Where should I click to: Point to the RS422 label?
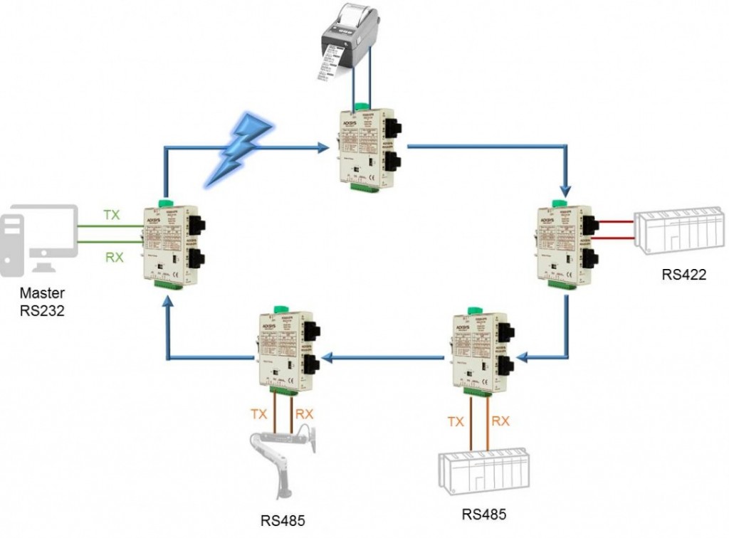683,275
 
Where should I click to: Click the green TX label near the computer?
112,214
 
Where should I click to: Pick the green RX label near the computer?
114,257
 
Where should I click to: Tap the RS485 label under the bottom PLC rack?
484,514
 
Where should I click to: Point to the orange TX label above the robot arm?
259,412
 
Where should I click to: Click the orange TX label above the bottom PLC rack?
456,421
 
